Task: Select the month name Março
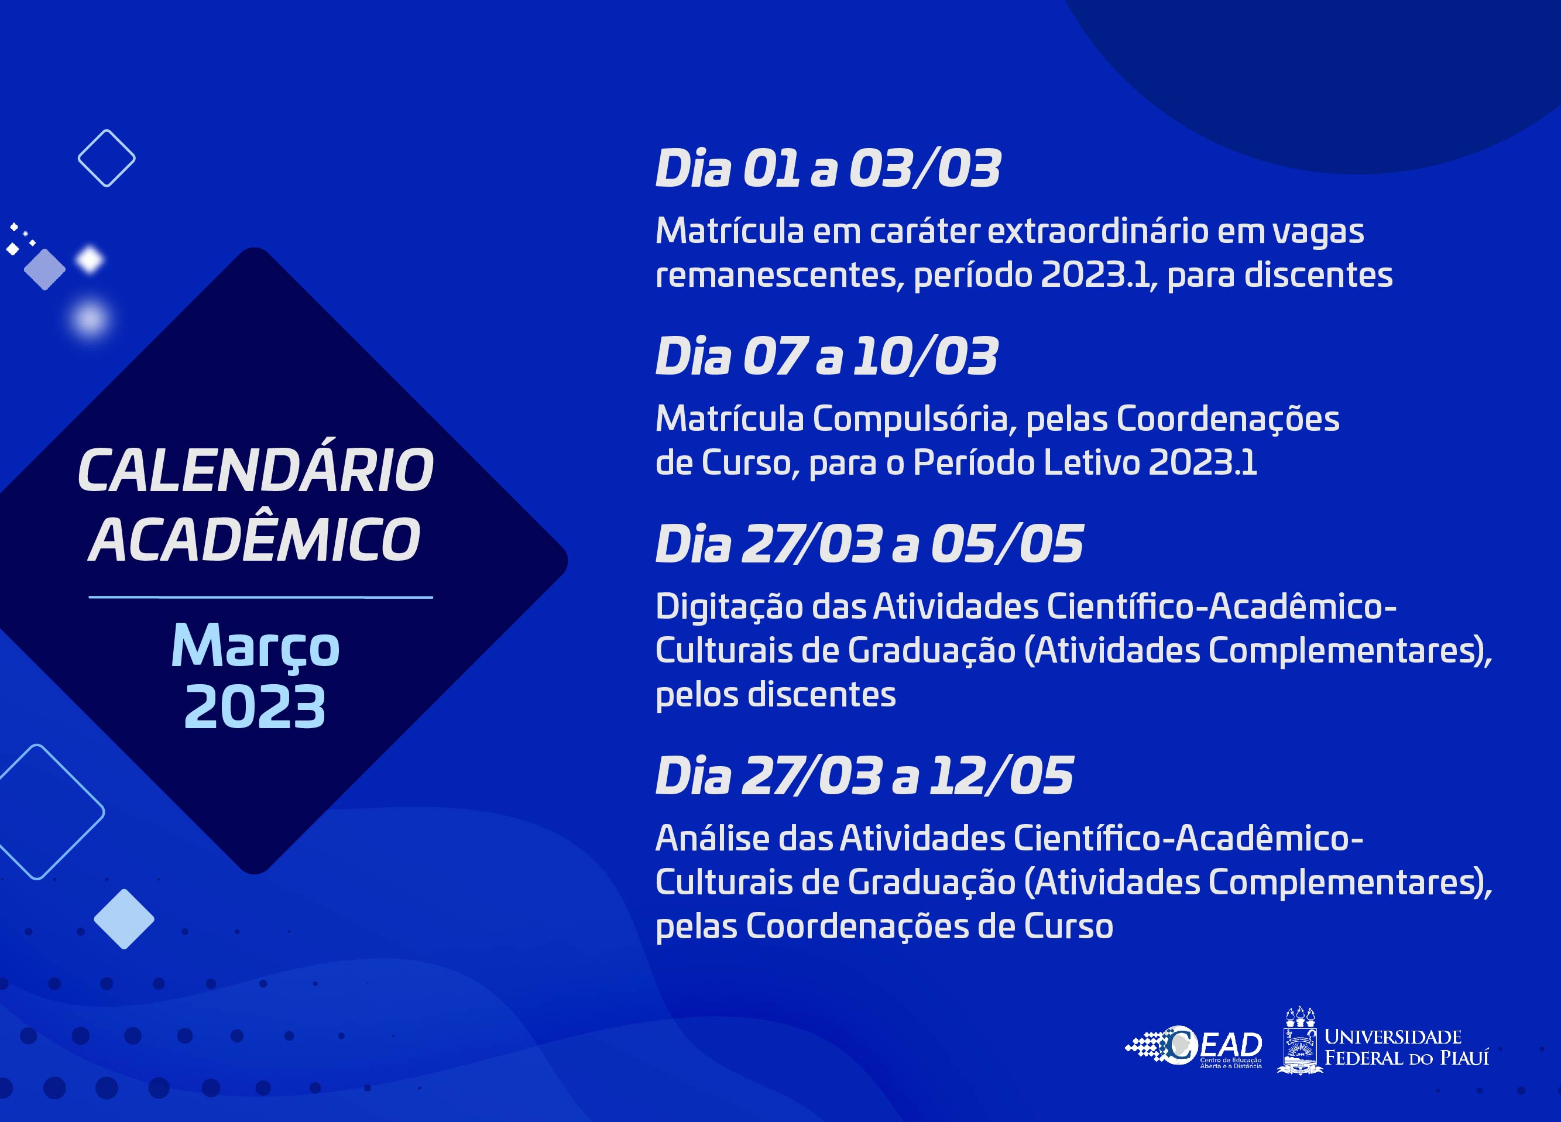coord(255,647)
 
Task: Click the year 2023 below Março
coord(255,707)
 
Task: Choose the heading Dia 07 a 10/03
coord(826,356)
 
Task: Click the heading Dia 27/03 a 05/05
coord(869,544)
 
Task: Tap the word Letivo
coord(1092,462)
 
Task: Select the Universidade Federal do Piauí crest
coord(1300,1041)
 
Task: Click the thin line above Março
coord(261,597)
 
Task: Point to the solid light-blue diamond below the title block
coord(124,919)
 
